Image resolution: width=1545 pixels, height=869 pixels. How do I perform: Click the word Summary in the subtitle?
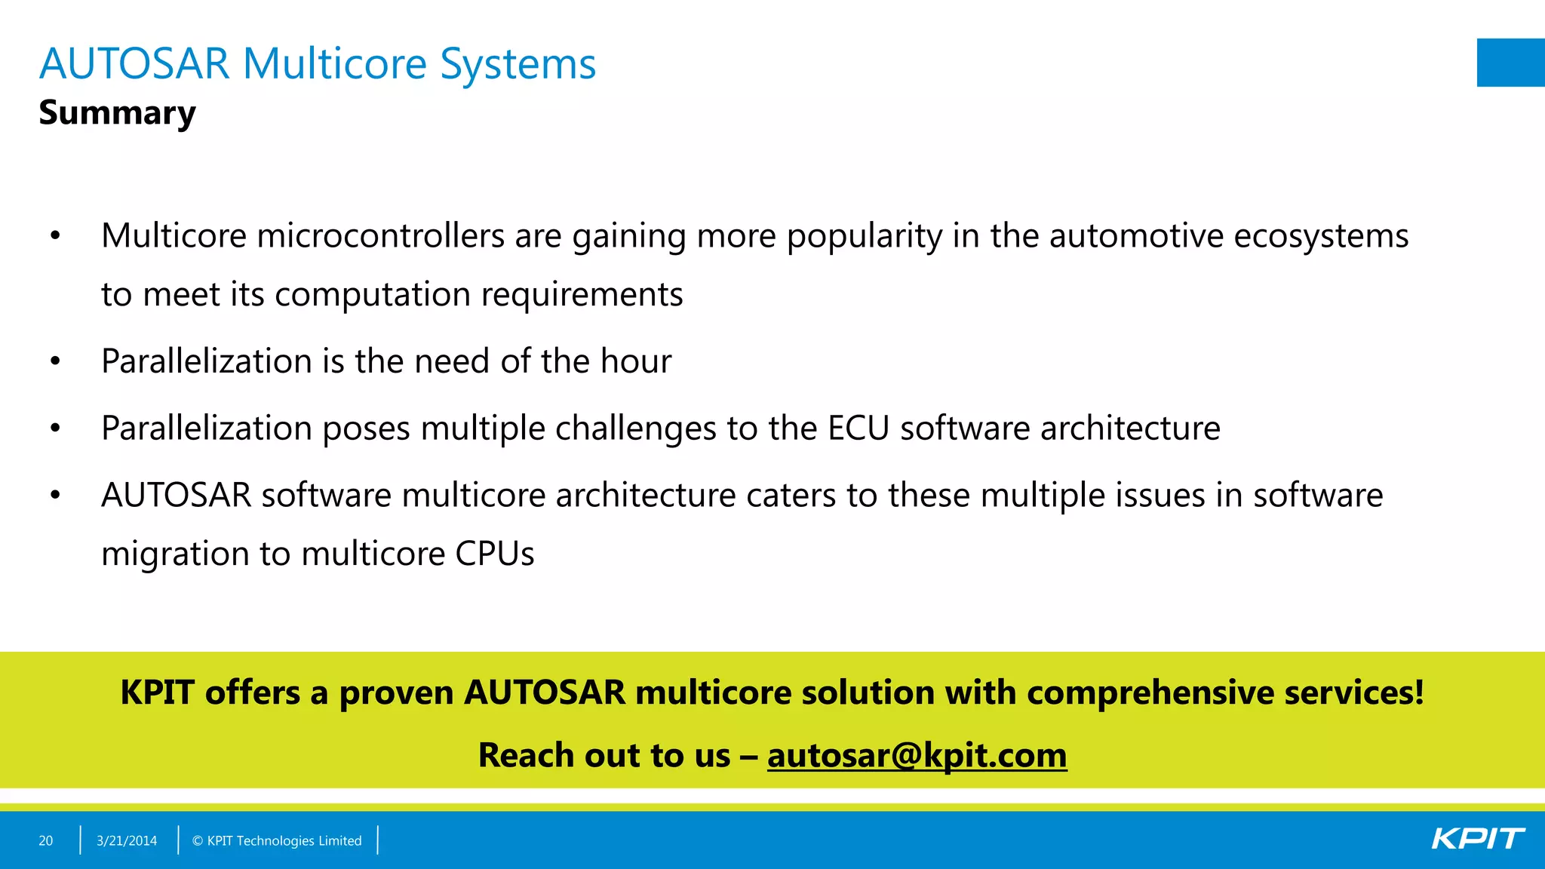(117, 113)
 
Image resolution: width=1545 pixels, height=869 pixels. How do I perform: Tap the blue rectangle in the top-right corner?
(1510, 63)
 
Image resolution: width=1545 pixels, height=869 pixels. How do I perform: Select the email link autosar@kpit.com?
(917, 755)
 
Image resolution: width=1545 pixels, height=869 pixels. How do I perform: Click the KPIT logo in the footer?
(1477, 839)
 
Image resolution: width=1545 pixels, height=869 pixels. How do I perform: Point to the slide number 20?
(46, 840)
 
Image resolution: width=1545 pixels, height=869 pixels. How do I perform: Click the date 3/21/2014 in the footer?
(127, 840)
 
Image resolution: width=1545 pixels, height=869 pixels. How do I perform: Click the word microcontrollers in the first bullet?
(380, 235)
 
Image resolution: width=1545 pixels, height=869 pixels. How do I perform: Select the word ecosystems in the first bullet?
(1320, 235)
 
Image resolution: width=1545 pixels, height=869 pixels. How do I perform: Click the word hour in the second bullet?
(635, 361)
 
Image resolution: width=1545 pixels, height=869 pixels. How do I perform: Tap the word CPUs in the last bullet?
(494, 554)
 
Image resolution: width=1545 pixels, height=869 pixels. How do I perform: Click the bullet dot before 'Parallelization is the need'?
(55, 361)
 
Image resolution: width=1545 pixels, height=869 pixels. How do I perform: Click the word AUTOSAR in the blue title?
(134, 63)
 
